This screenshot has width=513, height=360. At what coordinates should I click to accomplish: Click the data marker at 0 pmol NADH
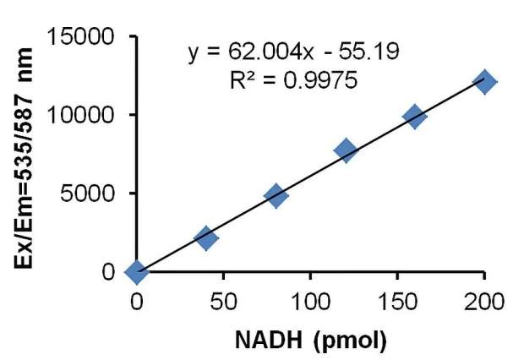coord(136,271)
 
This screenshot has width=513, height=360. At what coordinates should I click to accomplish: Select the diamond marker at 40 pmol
coord(205,238)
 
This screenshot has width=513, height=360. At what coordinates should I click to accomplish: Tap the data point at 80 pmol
coord(276,196)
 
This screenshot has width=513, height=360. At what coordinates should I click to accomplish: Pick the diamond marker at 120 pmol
coord(345,150)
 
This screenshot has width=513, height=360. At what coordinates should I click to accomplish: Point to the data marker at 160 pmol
coord(414,117)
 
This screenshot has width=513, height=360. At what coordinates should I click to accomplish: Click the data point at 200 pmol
coord(483,82)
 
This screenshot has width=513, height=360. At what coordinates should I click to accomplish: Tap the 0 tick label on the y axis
coord(109,272)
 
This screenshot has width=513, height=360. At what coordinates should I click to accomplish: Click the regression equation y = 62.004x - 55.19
coord(293,53)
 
